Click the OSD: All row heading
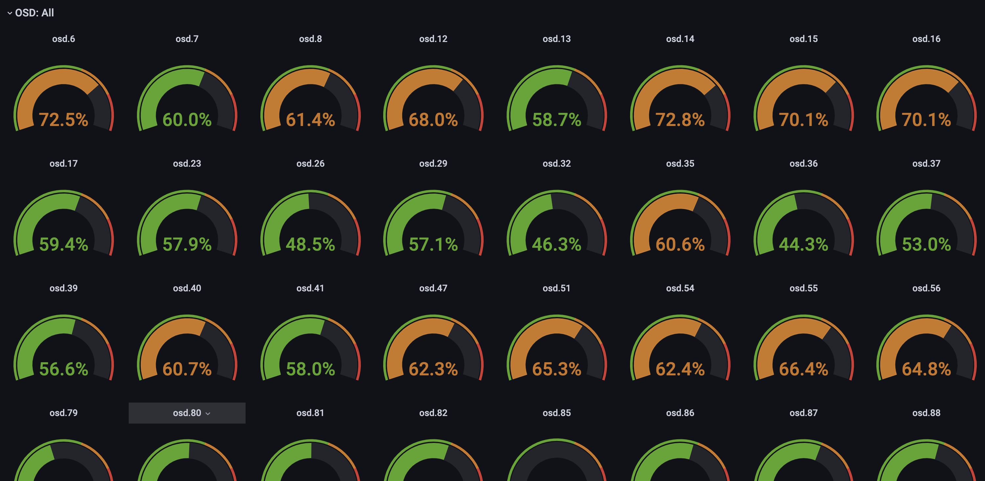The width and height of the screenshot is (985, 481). click(x=34, y=13)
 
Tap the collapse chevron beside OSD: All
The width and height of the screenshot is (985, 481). click(x=10, y=13)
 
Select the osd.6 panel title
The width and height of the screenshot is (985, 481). click(x=63, y=39)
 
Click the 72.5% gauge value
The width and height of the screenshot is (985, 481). click(x=63, y=119)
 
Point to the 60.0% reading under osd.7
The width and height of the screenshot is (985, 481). click(x=187, y=119)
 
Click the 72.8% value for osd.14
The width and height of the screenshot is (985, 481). click(x=680, y=119)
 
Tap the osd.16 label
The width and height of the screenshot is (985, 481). click(x=926, y=39)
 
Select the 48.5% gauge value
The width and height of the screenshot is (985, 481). click(x=310, y=244)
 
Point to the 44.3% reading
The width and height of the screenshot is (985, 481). click(x=803, y=244)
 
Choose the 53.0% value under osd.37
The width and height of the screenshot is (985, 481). click(x=926, y=244)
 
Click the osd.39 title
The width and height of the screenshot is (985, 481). click(x=63, y=288)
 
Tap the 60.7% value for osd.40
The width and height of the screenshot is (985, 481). click(x=187, y=369)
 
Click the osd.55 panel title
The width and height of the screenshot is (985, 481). click(x=803, y=288)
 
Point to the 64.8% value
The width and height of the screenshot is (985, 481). click(x=926, y=369)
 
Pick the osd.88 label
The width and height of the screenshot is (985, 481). click(x=926, y=413)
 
